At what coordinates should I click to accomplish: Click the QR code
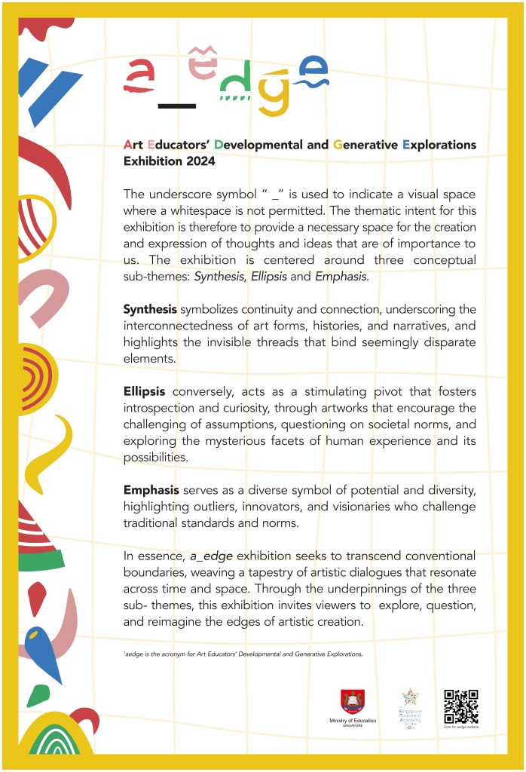[x=460, y=706]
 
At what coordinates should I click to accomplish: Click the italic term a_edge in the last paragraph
[x=209, y=556]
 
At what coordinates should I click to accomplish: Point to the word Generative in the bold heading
[x=365, y=144]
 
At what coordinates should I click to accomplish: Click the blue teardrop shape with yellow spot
[x=43, y=653]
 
